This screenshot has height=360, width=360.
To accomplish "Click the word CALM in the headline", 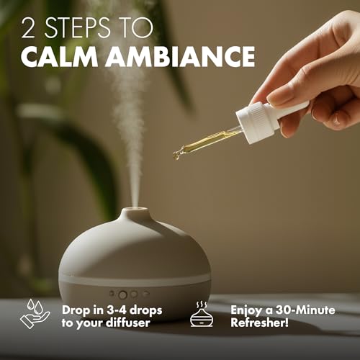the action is (60, 56).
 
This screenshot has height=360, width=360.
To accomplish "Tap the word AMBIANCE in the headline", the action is (180, 56).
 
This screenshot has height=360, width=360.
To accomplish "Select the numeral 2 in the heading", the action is (28, 27).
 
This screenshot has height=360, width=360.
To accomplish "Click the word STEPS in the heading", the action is (78, 27).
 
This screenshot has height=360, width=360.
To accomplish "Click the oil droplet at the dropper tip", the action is (176, 157).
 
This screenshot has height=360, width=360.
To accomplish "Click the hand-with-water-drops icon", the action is (35, 313).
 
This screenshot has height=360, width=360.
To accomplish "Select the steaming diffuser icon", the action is (202, 314).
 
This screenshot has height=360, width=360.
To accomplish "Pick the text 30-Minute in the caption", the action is (305, 310).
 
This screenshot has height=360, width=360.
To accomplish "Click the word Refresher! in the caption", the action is (259, 323).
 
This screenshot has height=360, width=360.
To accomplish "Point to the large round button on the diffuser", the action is (123, 294).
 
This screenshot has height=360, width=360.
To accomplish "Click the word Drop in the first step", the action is (74, 310).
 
